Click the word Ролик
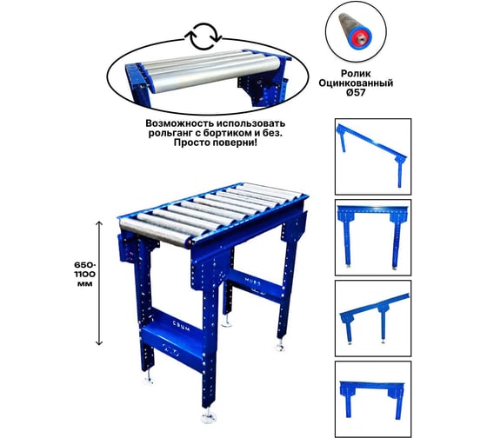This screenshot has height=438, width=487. tap(356, 74)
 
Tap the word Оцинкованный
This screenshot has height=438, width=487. tap(356, 83)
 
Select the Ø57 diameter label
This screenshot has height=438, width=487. tap(356, 92)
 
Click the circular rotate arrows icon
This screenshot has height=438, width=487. tap(203, 36)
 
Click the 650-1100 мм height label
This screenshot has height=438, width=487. tap(85, 275)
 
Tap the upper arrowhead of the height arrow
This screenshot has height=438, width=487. tap(99, 223)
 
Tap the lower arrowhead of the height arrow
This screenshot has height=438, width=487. tap(99, 342)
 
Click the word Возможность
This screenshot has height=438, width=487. tap(181, 123)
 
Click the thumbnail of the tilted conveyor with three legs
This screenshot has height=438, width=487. tap(373, 318)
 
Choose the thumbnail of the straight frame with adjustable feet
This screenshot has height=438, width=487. tap(373, 237)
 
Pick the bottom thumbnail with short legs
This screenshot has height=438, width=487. tap(373, 399)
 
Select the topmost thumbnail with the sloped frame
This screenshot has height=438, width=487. tap(373, 156)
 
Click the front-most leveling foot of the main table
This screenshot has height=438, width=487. tap(208, 416)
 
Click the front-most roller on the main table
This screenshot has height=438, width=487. tap(155, 233)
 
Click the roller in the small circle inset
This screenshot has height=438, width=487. tap(355, 30)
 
